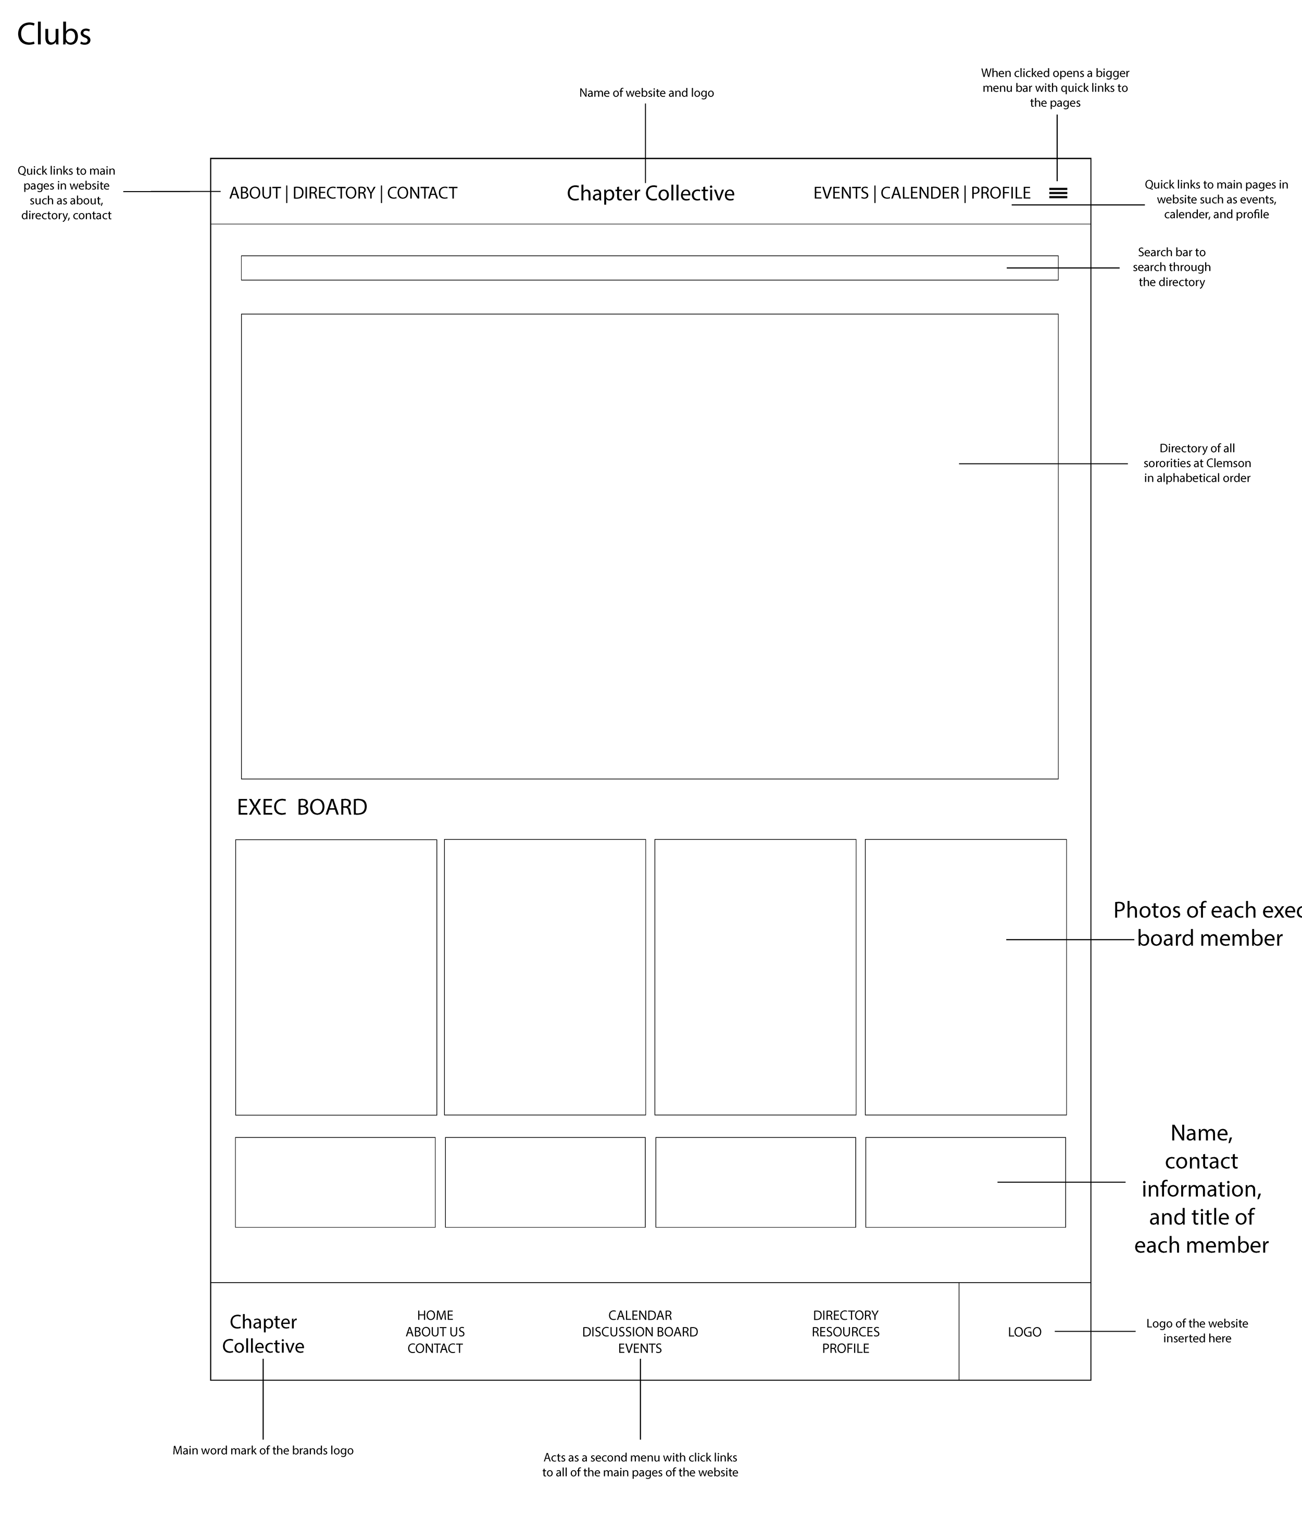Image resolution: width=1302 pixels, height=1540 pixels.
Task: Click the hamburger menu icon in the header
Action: click(1058, 193)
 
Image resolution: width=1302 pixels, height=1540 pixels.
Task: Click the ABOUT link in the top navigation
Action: click(255, 193)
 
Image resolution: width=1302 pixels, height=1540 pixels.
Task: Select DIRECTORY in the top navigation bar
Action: click(334, 193)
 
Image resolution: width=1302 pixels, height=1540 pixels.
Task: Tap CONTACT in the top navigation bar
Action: click(422, 193)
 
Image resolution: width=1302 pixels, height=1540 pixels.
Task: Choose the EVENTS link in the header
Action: click(841, 193)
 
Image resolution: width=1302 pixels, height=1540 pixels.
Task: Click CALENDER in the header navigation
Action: click(920, 193)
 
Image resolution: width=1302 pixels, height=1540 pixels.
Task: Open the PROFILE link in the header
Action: click(1000, 193)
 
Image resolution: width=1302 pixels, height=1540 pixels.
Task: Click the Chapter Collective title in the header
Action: click(650, 193)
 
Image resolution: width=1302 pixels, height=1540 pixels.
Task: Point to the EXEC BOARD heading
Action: click(302, 807)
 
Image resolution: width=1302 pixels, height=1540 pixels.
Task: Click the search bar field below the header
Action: click(649, 268)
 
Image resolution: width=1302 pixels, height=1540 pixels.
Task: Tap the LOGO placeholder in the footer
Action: click(1024, 1332)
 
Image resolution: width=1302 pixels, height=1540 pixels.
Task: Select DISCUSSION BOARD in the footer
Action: click(640, 1332)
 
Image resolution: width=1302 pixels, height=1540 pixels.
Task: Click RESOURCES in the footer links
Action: click(845, 1332)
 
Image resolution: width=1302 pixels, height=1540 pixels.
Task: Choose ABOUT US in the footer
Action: click(435, 1332)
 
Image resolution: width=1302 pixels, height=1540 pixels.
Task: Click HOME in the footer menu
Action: click(435, 1315)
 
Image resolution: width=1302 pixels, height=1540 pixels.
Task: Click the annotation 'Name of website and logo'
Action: click(646, 93)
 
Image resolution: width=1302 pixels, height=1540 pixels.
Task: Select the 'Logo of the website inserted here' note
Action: click(1196, 1331)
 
